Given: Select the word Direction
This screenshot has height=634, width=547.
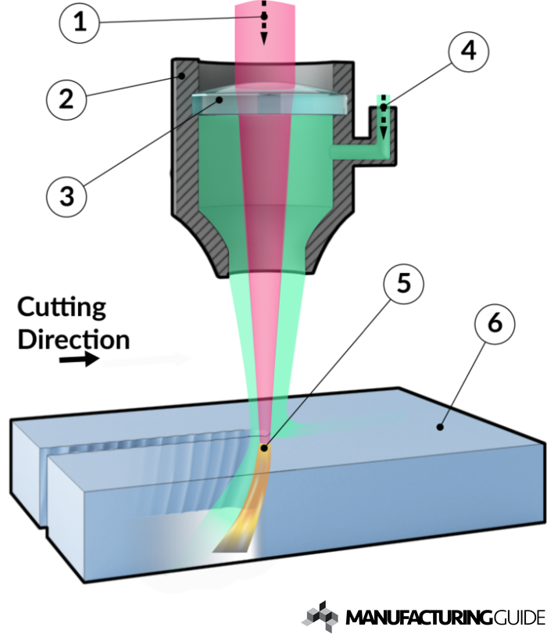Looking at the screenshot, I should pos(73,339).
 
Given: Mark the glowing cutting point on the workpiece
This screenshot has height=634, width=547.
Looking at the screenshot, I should pos(266,447).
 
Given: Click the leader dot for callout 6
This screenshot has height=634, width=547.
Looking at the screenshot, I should pos(442,427).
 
